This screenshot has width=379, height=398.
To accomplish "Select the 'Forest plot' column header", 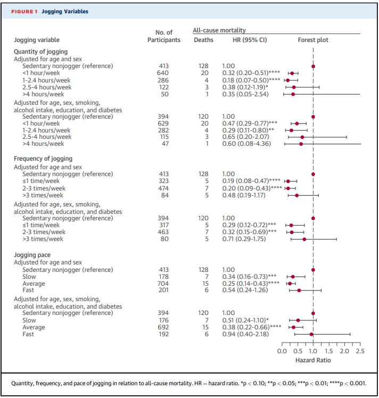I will click(x=313, y=40).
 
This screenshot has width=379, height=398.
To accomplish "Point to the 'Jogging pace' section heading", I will click(x=32, y=255).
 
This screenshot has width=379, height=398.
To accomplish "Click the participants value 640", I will click(x=164, y=73).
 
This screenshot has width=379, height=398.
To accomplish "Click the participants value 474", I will click(x=164, y=188).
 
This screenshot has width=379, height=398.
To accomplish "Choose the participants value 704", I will click(x=164, y=284).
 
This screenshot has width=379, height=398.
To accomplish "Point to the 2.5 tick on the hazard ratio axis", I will click(x=359, y=351).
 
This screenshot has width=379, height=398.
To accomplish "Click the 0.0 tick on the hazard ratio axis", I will click(x=282, y=351).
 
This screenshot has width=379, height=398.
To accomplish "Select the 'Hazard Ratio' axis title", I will click(x=313, y=360).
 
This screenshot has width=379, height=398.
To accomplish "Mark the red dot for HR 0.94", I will click(x=311, y=334).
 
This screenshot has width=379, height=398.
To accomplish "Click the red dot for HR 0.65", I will click(x=302, y=137).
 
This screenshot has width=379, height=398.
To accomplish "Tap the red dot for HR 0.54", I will click(x=299, y=291).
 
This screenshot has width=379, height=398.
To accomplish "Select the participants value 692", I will click(x=164, y=327).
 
